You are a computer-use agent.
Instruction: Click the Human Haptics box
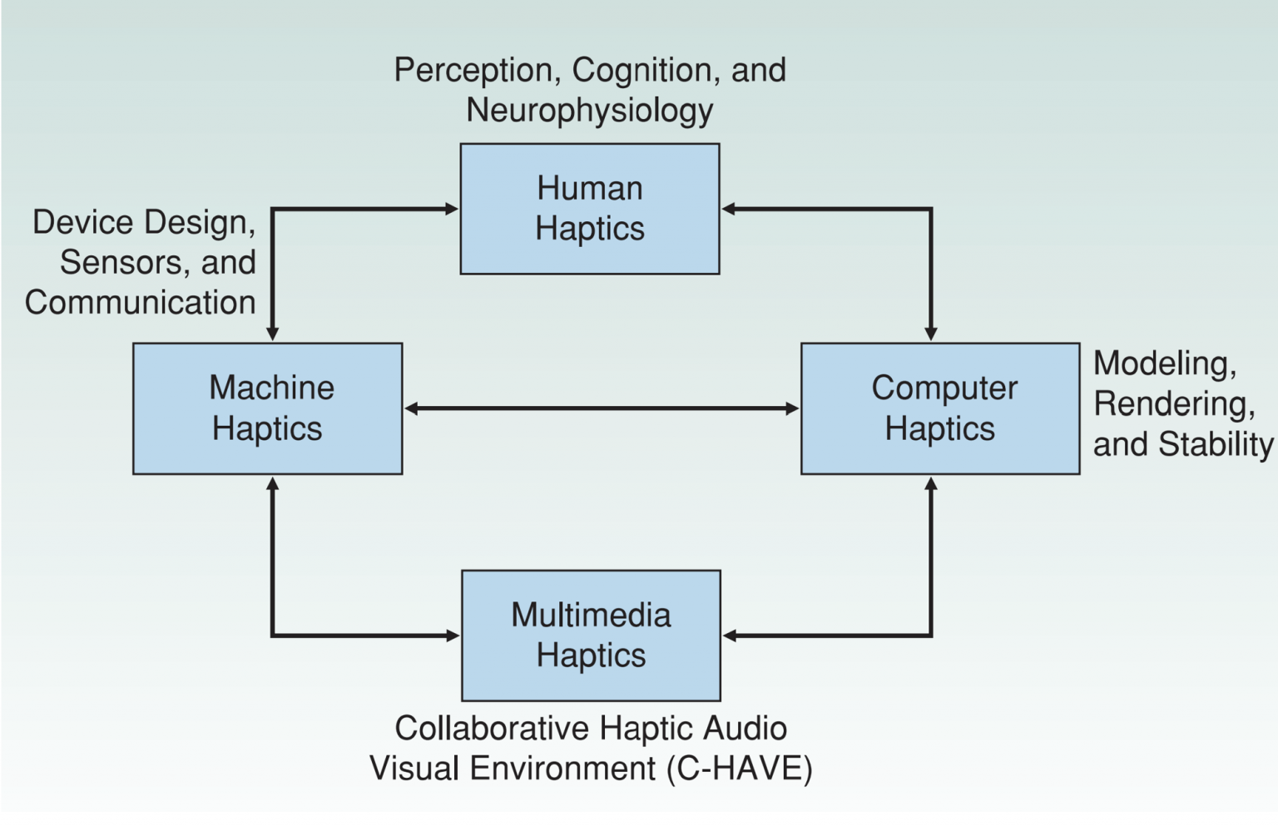pos(589,209)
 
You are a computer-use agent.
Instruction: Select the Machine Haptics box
pos(267,408)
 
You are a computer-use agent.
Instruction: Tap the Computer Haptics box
pos(939,408)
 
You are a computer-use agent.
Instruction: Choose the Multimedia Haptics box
pos(591,636)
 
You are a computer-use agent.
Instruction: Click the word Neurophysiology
pos(589,111)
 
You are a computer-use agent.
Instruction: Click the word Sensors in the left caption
pos(122,263)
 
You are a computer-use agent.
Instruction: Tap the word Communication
pos(140,303)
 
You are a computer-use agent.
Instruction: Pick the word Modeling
pos(1164,364)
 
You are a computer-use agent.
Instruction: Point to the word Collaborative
pos(492,729)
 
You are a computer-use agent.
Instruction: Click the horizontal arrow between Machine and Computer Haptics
pos(601,408)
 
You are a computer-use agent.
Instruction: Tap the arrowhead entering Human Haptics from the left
pos(451,209)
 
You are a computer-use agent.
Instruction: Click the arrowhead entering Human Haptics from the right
pos(729,209)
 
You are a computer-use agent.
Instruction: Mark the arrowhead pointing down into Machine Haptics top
pos(272,334)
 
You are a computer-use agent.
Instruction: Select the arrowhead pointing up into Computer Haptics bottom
pos(931,484)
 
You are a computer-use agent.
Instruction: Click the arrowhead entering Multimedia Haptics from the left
pos(453,636)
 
